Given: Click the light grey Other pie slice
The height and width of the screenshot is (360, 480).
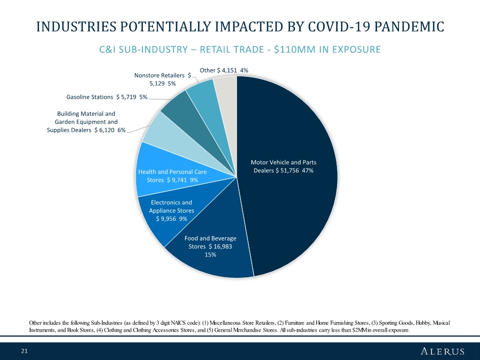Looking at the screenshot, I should (226, 88).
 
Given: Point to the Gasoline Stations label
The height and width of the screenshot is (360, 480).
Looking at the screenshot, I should (107, 98).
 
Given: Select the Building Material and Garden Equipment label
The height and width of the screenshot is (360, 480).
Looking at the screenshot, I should (86, 122).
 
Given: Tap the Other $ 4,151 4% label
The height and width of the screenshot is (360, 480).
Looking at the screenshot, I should (223, 70).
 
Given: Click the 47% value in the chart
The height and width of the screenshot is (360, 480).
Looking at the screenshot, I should (307, 171).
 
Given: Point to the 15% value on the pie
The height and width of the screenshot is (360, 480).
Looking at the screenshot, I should (210, 255).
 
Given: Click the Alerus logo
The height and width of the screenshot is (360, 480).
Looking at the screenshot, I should (443, 351).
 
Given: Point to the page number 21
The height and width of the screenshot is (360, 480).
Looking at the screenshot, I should (25, 351).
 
